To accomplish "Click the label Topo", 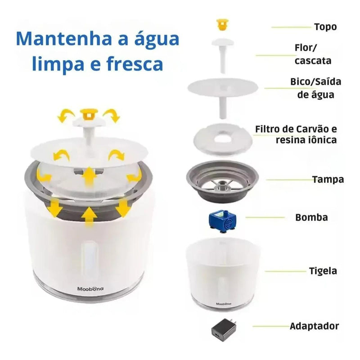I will [325, 27].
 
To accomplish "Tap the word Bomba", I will [311, 218].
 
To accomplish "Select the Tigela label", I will [323, 271].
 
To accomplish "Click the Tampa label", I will [328, 180].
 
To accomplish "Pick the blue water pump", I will [221, 220].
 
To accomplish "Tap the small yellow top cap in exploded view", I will [221, 25].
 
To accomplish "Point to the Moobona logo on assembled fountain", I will [90, 289].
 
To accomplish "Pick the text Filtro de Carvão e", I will [296, 129].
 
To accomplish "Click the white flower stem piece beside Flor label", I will [223, 54].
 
